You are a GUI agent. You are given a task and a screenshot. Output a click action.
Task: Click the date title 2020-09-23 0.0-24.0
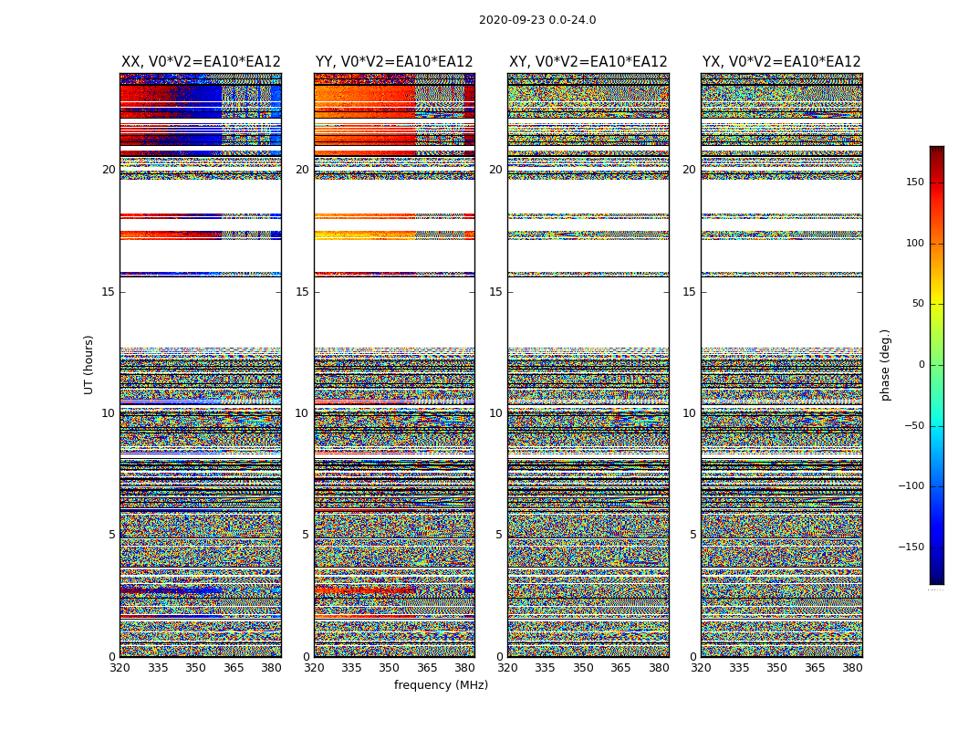click(537, 20)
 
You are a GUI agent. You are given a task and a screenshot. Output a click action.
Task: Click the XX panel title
click(201, 62)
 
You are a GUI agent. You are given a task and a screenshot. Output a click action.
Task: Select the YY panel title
click(394, 62)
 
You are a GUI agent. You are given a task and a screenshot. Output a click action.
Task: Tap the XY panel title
click(588, 62)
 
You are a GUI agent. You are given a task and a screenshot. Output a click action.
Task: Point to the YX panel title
click(781, 62)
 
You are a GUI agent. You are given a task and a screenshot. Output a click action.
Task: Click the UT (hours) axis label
click(89, 364)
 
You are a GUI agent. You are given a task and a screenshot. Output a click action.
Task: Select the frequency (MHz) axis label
click(441, 685)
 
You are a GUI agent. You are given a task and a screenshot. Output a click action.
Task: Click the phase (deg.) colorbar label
click(885, 364)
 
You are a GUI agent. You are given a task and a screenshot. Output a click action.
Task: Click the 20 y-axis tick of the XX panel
click(109, 170)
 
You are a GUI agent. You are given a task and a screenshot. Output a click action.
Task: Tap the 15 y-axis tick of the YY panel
click(302, 292)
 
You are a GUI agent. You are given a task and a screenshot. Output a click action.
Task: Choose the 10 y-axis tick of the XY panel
click(495, 413)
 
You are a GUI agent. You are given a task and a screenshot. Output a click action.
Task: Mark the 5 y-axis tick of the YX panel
click(692, 535)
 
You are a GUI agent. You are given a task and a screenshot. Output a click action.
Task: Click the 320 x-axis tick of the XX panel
click(120, 668)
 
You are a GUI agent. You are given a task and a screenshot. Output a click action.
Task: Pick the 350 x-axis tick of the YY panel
click(390, 668)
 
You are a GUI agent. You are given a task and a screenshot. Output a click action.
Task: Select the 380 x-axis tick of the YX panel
click(852, 668)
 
